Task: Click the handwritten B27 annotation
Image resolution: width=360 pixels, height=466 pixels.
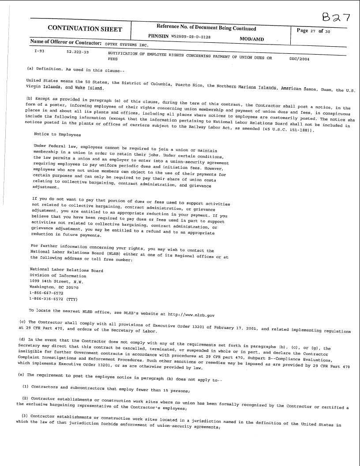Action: (336, 17)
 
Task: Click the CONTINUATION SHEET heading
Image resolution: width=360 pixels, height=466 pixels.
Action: (85, 29)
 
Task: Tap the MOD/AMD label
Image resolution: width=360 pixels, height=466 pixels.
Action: (251, 39)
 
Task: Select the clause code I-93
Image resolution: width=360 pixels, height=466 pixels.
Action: (39, 52)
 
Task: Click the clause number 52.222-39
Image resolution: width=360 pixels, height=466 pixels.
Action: (78, 52)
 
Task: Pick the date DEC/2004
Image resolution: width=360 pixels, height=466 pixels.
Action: (299, 58)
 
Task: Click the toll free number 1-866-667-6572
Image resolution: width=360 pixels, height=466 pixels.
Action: (46, 293)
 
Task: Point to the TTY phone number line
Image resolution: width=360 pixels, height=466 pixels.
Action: (53, 299)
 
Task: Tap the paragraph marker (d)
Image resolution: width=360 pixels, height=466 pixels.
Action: (21, 339)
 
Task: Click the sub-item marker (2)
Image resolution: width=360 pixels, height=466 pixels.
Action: (25, 399)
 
